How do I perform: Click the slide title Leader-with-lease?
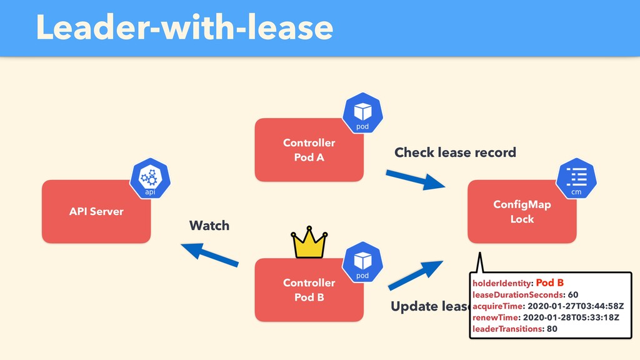(184, 27)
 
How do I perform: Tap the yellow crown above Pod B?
(309, 242)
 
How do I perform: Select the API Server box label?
(96, 211)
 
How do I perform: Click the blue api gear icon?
(150, 178)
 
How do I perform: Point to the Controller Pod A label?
(309, 150)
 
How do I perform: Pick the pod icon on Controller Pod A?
(362, 113)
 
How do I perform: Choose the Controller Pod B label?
(309, 290)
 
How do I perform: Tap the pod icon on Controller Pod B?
(362, 262)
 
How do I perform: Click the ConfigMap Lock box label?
(522, 211)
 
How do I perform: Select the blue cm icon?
(576, 178)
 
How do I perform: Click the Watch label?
(209, 225)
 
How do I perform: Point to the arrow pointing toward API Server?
(210, 255)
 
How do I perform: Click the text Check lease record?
(455, 152)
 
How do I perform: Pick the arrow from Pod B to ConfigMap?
(416, 275)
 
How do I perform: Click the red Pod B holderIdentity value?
(550, 282)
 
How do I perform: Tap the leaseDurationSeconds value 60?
(573, 295)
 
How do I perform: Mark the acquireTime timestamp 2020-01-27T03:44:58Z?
(576, 306)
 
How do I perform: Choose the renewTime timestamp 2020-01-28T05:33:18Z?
(571, 317)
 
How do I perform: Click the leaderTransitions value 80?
(552, 329)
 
